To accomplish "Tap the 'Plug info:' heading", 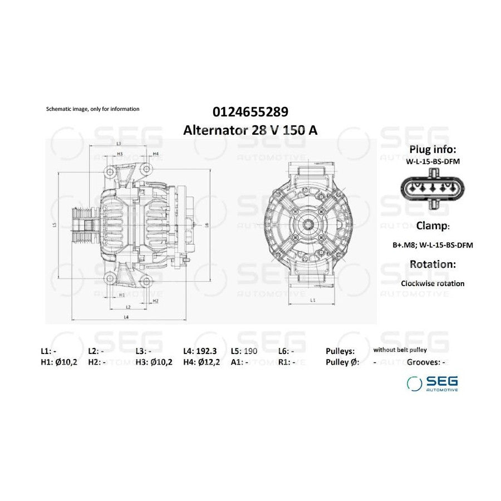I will (x=433, y=149).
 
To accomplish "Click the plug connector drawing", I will (x=432, y=190).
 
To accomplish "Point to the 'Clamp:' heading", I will (x=433, y=225).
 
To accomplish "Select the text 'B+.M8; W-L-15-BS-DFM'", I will (x=433, y=244).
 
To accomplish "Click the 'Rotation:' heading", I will (x=433, y=264).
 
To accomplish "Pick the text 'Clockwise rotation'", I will (x=433, y=283).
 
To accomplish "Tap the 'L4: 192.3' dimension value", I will (x=200, y=351).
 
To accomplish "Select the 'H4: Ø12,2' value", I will (x=202, y=362).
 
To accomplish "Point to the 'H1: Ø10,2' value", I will (x=59, y=362).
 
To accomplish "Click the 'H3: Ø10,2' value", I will (x=154, y=362).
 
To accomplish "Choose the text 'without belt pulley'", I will (x=400, y=350).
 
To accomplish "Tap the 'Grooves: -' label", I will (x=426, y=362).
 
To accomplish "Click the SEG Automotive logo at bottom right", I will (x=433, y=383).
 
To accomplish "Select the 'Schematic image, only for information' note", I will (x=92, y=109).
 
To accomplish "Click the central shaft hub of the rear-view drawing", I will (x=312, y=225).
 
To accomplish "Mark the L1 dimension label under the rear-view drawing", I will (x=312, y=299).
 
